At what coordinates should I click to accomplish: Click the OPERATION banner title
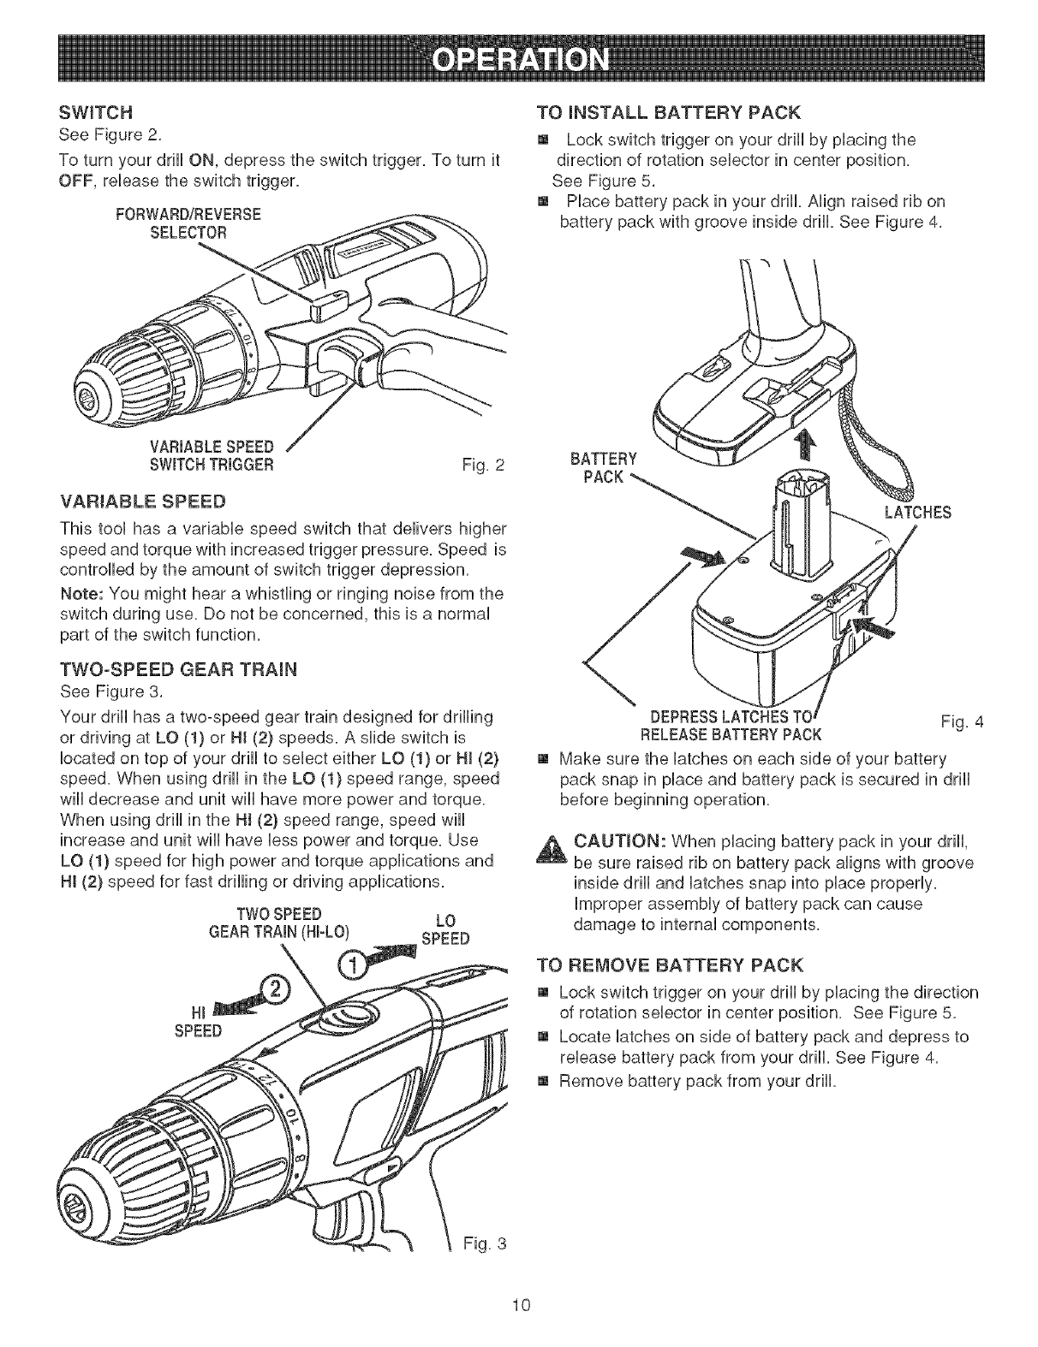(x=519, y=62)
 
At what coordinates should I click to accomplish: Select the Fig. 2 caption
(x=484, y=466)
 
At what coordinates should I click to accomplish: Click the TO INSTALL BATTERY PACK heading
(x=667, y=112)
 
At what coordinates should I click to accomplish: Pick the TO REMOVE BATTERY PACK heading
(x=669, y=966)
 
